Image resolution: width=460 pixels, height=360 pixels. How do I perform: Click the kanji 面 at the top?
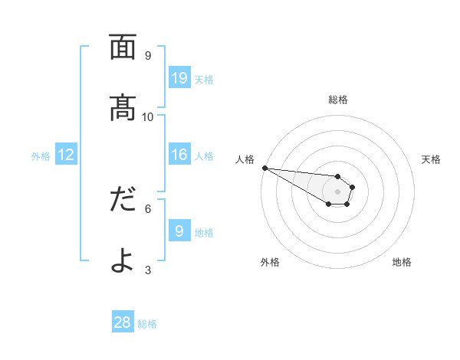tap(123, 48)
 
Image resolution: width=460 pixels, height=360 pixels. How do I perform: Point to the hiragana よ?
tap(123, 260)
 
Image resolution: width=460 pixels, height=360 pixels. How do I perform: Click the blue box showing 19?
tap(179, 78)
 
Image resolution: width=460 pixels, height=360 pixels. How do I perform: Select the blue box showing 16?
tap(179, 155)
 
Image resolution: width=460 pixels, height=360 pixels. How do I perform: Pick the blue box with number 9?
tap(179, 231)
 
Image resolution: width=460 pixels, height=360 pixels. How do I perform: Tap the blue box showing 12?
tap(66, 155)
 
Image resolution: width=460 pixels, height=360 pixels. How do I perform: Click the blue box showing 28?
tap(123, 322)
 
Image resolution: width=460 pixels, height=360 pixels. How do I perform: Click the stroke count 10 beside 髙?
tap(148, 116)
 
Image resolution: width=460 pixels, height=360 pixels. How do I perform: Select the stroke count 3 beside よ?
tap(148, 270)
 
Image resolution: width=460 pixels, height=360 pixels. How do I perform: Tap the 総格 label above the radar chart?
tap(338, 100)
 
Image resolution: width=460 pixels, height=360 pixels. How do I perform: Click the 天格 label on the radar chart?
tap(432, 159)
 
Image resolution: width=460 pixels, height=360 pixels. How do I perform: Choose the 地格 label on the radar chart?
tap(402, 263)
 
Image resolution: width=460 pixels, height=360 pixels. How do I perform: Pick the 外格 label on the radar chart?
tap(270, 263)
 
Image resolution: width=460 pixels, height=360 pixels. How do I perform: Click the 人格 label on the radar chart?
tap(245, 159)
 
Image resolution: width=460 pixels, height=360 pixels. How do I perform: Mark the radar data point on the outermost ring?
tap(264, 168)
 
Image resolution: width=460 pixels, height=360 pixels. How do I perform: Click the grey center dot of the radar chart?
tap(337, 191)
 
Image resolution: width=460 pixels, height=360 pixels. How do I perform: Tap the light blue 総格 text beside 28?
tap(147, 324)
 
